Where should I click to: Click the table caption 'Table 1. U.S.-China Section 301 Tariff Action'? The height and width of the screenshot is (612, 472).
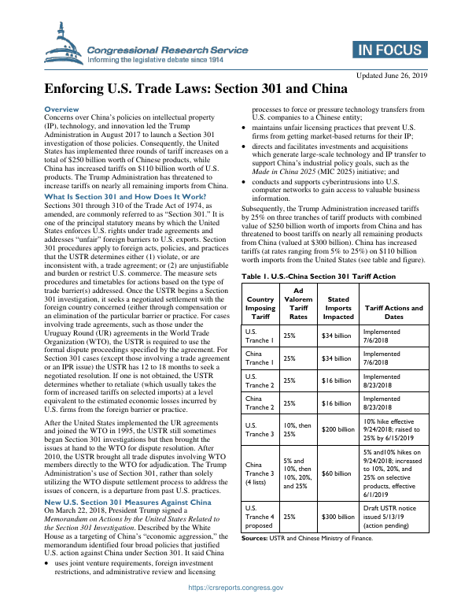[x=318, y=276]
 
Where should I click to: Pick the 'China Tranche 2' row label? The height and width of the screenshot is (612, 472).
[x=260, y=402]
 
